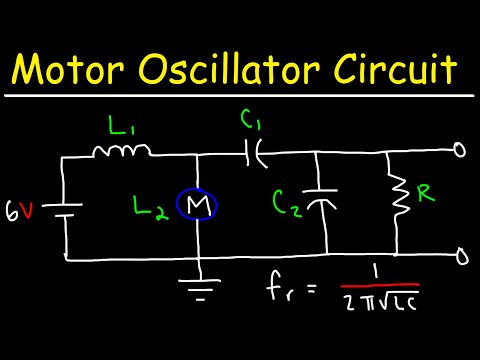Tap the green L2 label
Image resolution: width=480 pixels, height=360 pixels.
pos(153,210)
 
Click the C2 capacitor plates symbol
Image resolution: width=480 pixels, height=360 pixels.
pos(320,203)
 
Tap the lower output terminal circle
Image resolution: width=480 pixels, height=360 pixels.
pos(460,257)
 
